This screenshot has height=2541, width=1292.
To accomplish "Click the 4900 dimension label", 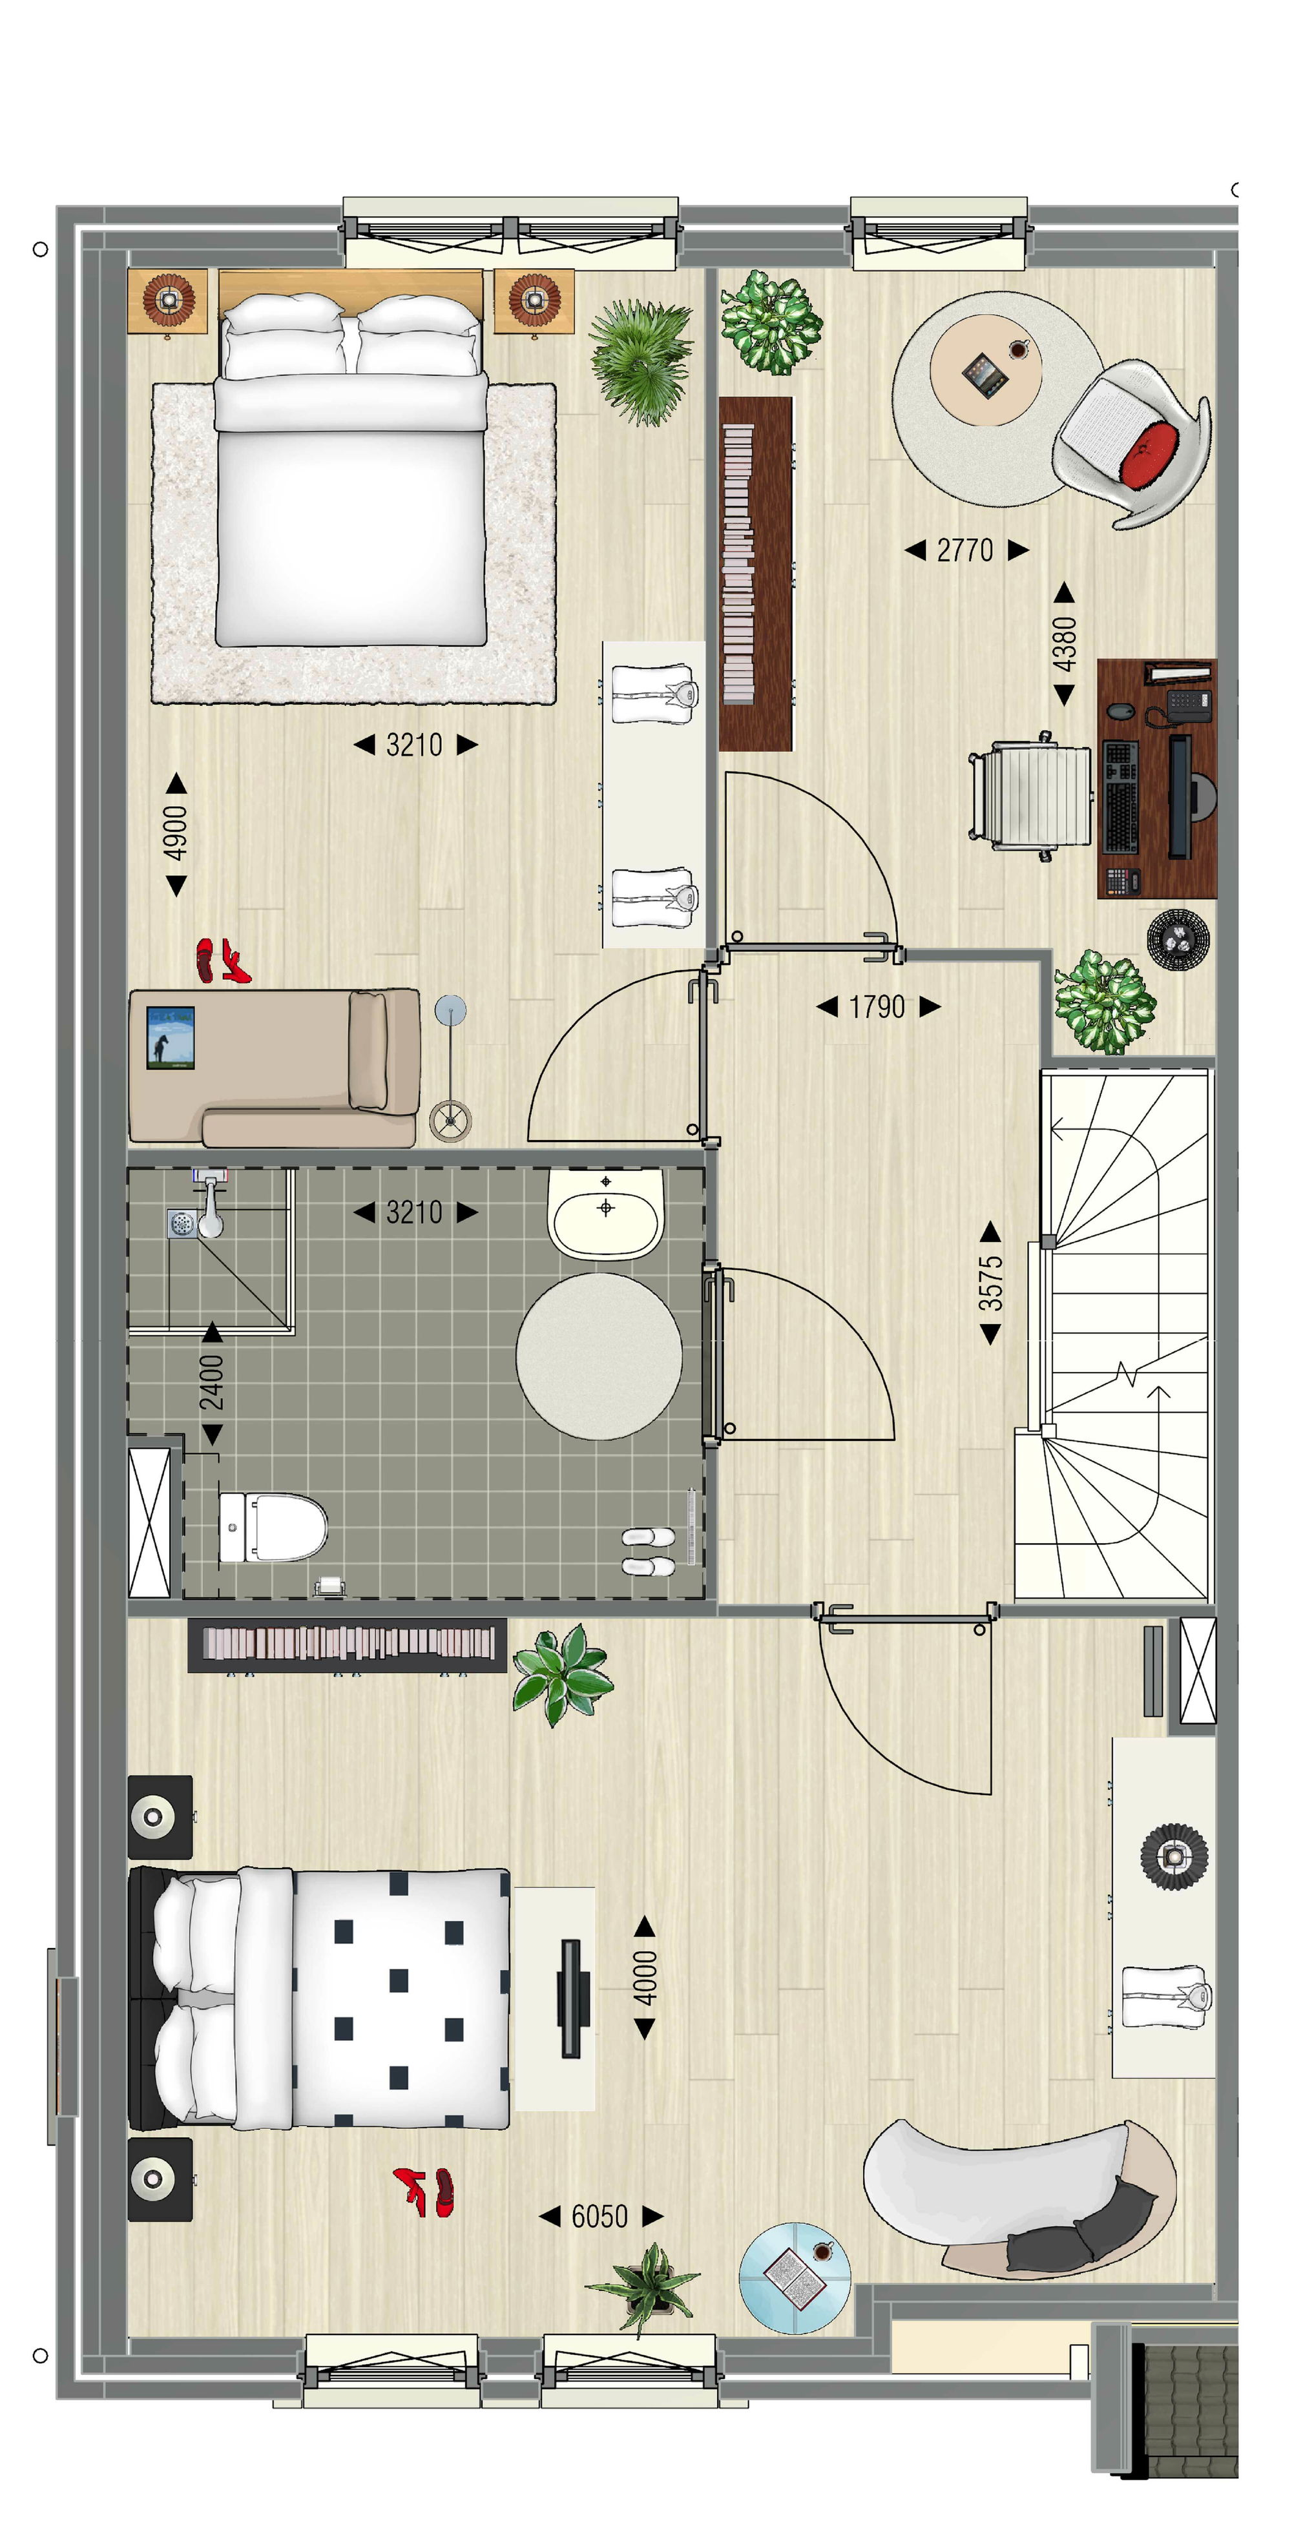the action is pos(176,833).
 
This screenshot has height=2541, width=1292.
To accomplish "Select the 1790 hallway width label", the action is pos(877,1006).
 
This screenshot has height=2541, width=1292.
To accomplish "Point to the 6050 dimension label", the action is pos(599,2217).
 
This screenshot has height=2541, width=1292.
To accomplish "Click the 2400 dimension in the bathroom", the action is pos(212,1382).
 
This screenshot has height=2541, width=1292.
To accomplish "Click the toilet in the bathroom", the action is pos(273,1527).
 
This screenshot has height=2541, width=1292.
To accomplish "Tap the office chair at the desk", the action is pos(1030,796).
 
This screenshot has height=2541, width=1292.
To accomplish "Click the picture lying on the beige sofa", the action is pos(170,1038).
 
